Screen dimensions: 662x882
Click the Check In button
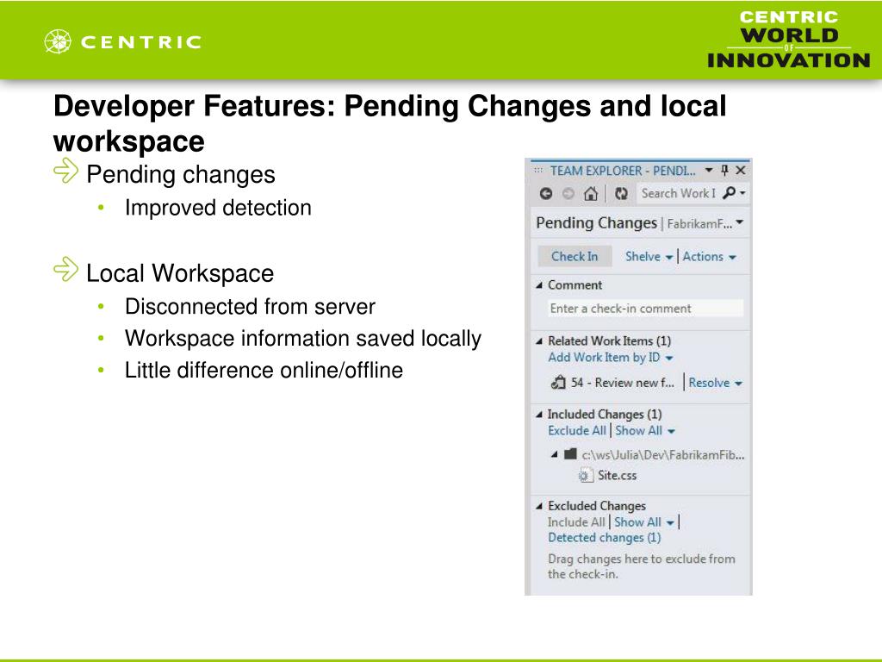pos(574,256)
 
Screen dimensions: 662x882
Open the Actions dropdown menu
pos(709,256)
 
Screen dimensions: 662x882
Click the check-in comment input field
pos(645,309)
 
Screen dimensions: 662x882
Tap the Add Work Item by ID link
pos(609,357)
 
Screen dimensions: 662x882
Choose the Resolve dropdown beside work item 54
pos(715,383)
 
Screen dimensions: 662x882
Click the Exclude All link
pos(576,430)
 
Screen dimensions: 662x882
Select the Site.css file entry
pos(617,475)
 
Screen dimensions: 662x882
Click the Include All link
pos(576,521)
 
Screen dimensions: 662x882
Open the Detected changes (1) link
pos(604,537)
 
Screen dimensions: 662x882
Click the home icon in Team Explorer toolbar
pos(590,193)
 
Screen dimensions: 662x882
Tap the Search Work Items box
pos(678,193)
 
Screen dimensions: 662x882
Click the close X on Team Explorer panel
pos(740,170)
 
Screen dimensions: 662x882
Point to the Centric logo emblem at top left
pos(59,41)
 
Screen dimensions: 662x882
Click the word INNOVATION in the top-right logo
pos(788,60)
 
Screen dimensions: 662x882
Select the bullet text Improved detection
pos(218,208)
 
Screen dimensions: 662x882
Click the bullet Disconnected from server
pos(250,306)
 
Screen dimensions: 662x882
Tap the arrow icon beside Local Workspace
pos(65,271)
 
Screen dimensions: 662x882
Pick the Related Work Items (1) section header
pos(609,340)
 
